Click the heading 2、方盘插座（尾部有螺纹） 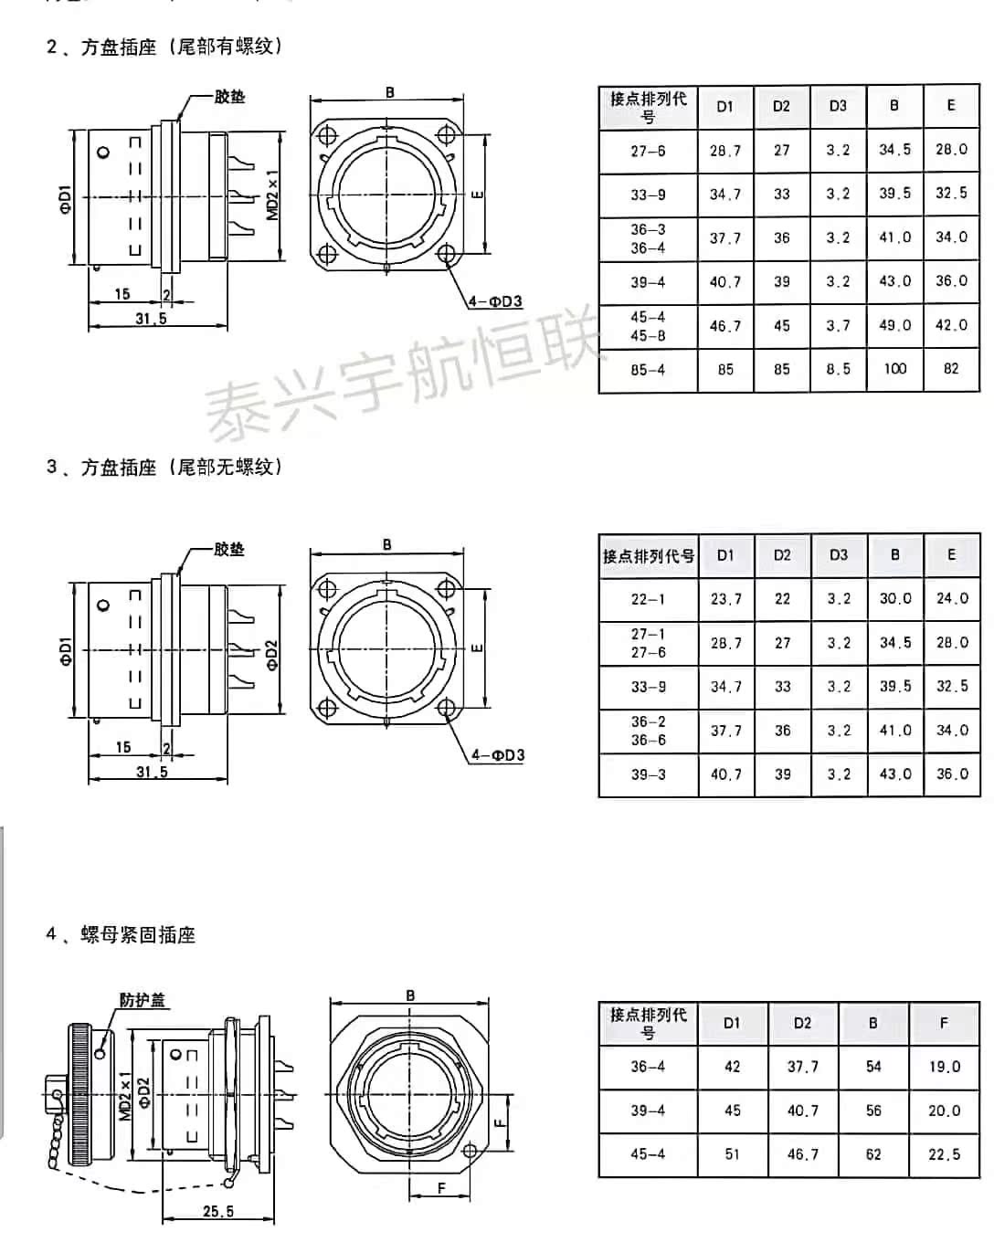[165, 47]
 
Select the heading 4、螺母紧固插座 [122, 934]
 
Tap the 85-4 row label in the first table [648, 370]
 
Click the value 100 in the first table [894, 369]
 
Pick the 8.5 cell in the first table [838, 369]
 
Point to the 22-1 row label [648, 599]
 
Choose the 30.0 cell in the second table [895, 599]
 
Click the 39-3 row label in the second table [648, 774]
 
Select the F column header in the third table [944, 1023]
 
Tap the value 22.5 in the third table [944, 1154]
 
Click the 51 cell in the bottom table [732, 1154]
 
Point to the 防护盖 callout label [143, 1000]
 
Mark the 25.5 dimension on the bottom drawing [217, 1211]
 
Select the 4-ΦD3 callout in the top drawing [495, 301]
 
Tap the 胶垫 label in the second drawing [229, 550]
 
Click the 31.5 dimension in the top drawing [152, 319]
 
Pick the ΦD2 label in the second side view [273, 655]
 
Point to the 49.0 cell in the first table [894, 325]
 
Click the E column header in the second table [951, 554]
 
